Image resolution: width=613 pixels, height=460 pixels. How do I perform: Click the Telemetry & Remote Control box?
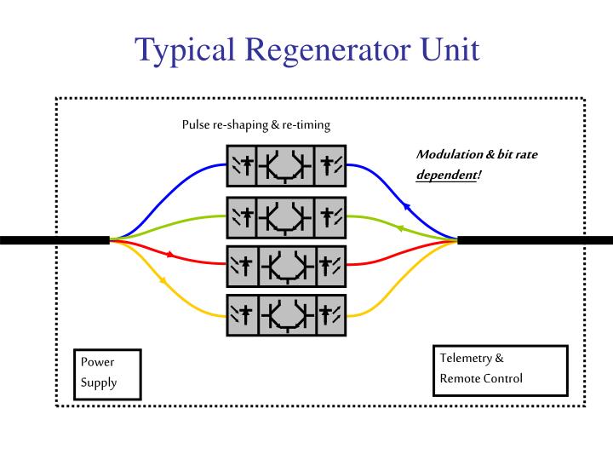click(x=499, y=371)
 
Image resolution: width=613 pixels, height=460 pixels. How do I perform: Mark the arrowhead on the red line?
click(x=171, y=255)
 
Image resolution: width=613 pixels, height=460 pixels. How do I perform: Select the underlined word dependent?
click(x=446, y=175)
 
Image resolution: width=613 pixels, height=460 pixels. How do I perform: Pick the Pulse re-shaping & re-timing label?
click(x=255, y=125)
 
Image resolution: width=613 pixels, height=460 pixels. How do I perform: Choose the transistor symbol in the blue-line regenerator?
click(x=286, y=166)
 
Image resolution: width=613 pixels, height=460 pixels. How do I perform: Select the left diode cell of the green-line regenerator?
click(x=242, y=216)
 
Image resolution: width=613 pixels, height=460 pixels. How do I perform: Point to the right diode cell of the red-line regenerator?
click(x=330, y=266)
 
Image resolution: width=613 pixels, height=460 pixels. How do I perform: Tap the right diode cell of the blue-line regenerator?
click(x=330, y=166)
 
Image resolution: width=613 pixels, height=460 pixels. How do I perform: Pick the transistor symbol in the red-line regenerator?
click(x=286, y=266)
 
